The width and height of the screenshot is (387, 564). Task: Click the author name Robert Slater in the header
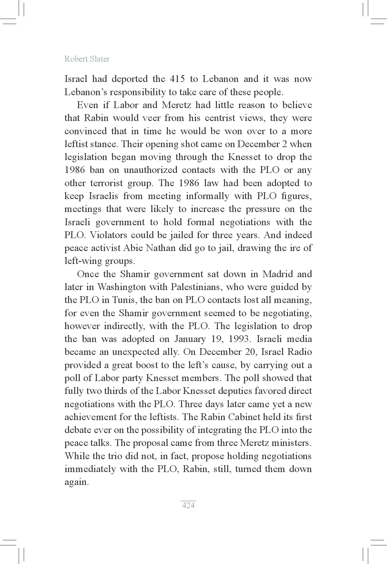pyautogui.click(x=87, y=59)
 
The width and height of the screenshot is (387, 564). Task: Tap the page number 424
pyautogui.click(x=188, y=505)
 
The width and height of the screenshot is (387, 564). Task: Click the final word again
pyautogui.click(x=76, y=482)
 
